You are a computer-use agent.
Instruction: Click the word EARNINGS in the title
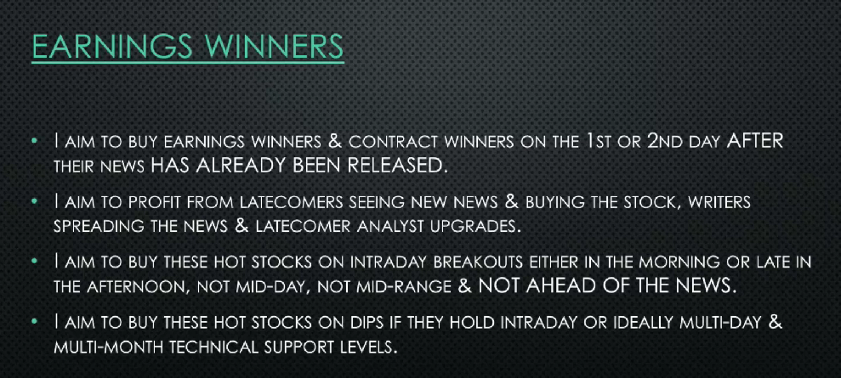(110, 47)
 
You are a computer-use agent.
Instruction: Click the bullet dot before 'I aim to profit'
(34, 202)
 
